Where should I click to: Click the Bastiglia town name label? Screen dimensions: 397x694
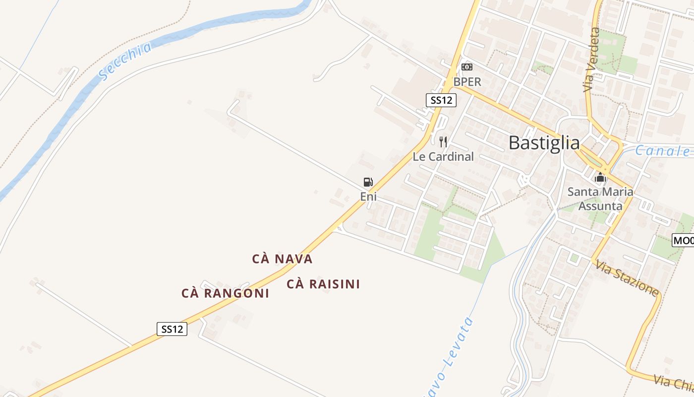544,143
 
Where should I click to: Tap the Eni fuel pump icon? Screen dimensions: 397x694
368,182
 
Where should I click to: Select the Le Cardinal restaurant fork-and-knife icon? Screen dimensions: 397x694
443,142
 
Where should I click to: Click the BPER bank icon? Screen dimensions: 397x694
467,67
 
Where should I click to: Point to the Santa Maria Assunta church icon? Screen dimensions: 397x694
600,177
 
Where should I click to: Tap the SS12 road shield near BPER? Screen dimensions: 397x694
441,100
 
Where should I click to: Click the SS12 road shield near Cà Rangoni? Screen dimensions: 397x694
172,329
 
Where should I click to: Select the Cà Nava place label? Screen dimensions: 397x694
282,259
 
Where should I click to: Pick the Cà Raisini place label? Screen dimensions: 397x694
323,284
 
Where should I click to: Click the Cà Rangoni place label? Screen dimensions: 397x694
225,293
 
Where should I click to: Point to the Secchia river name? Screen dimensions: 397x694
126,61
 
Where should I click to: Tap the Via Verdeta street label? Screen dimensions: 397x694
592,60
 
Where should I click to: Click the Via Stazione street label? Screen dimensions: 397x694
627,278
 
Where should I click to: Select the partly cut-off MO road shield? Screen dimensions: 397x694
683,241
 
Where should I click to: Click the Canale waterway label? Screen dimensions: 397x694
663,151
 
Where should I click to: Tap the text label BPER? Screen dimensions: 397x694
467,82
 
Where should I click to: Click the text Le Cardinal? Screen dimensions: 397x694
443,157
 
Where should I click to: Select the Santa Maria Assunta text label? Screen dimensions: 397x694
600,198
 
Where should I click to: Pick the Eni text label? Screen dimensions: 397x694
368,197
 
